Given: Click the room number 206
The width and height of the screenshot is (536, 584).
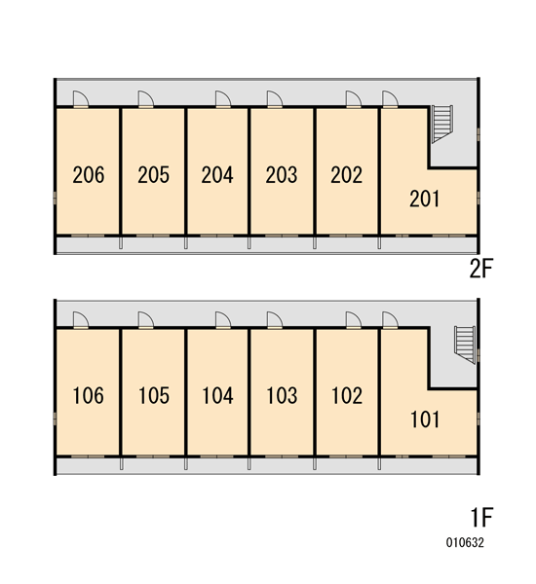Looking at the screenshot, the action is (89, 175).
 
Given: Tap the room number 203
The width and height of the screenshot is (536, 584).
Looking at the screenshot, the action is (282, 175).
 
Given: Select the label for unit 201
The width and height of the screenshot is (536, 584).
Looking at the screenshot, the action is (425, 199).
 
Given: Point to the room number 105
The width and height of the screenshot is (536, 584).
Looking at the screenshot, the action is (154, 395).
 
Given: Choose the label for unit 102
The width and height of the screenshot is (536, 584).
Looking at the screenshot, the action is (347, 395).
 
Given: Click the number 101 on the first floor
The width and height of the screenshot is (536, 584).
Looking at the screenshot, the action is (425, 420).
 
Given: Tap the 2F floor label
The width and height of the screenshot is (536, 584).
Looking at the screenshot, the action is (481, 269).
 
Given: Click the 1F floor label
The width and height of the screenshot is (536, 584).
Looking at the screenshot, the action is (482, 517).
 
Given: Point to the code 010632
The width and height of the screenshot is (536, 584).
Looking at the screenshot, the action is (465, 543).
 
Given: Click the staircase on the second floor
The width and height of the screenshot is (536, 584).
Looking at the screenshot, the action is (442, 124).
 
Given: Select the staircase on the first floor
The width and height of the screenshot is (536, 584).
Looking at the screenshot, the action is (465, 345).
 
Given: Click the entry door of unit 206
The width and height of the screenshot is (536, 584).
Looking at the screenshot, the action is (81, 99).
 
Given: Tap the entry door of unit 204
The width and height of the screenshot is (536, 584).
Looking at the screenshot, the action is (223, 99).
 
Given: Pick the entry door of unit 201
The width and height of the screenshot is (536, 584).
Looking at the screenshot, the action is (390, 99).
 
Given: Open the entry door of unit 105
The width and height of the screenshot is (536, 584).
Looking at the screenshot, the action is (146, 320).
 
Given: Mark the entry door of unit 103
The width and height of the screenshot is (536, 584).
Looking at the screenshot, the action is (275, 320).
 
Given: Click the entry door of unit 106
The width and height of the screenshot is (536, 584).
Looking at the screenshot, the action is (81, 320).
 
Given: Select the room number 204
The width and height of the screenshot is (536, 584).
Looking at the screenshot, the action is (217, 175).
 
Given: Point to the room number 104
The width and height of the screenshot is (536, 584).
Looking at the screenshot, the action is (218, 395).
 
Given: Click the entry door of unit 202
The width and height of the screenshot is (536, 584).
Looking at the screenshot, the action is (354, 99).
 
